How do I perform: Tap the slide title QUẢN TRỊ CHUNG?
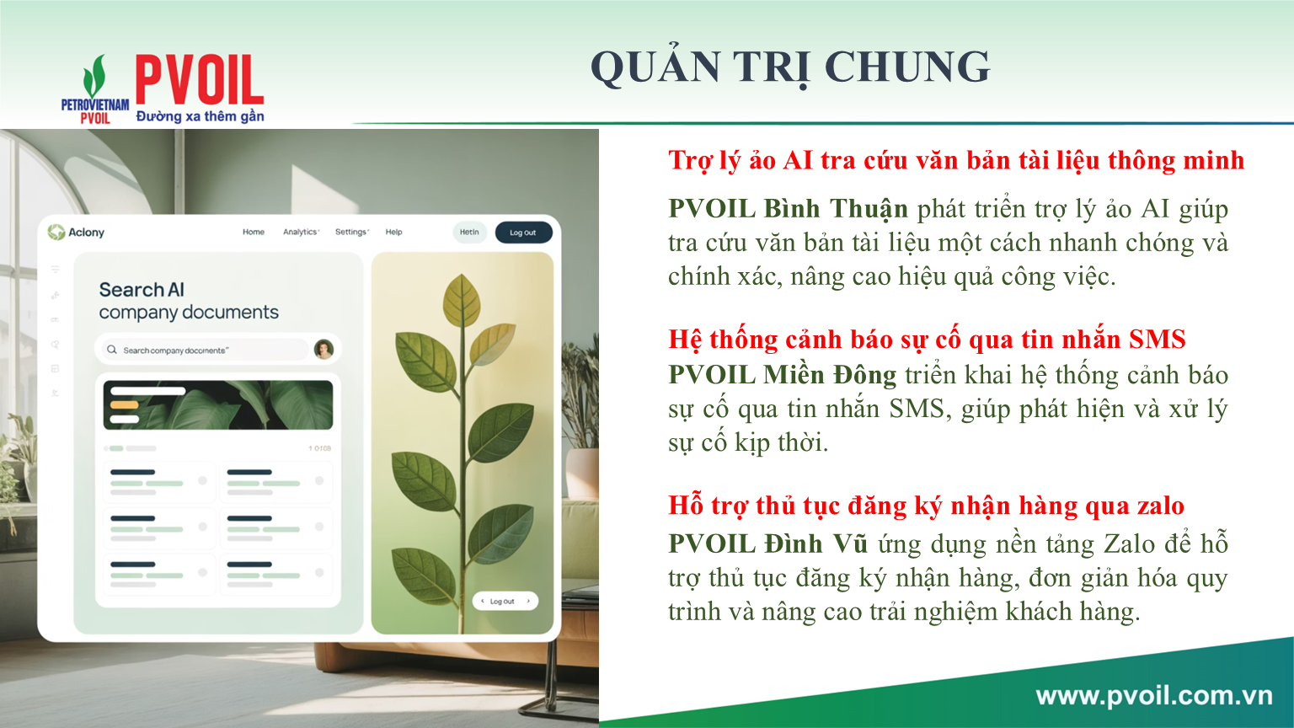pyautogui.click(x=790, y=67)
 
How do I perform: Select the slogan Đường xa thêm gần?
pyautogui.click(x=200, y=116)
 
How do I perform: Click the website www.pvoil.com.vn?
pyautogui.click(x=1153, y=696)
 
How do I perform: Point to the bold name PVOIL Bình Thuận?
pyautogui.click(x=788, y=209)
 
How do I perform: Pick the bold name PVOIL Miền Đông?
pyautogui.click(x=782, y=375)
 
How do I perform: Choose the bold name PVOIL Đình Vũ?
pyautogui.click(x=767, y=543)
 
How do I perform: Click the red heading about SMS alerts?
pyautogui.click(x=927, y=340)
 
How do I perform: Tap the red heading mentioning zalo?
pyautogui.click(x=926, y=506)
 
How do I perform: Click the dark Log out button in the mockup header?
pyautogui.click(x=523, y=233)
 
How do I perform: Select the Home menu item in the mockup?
pyautogui.click(x=254, y=232)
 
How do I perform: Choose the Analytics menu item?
pyautogui.click(x=301, y=232)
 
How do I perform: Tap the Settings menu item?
pyautogui.click(x=351, y=232)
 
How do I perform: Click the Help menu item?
pyautogui.click(x=394, y=232)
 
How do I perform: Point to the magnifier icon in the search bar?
pyautogui.click(x=112, y=350)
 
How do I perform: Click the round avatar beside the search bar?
pyautogui.click(x=323, y=349)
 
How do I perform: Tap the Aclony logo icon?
pyautogui.click(x=56, y=232)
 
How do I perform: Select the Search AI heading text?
pyautogui.click(x=142, y=290)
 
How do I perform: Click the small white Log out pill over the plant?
pyautogui.click(x=505, y=601)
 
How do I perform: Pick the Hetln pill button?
pyautogui.click(x=469, y=233)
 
